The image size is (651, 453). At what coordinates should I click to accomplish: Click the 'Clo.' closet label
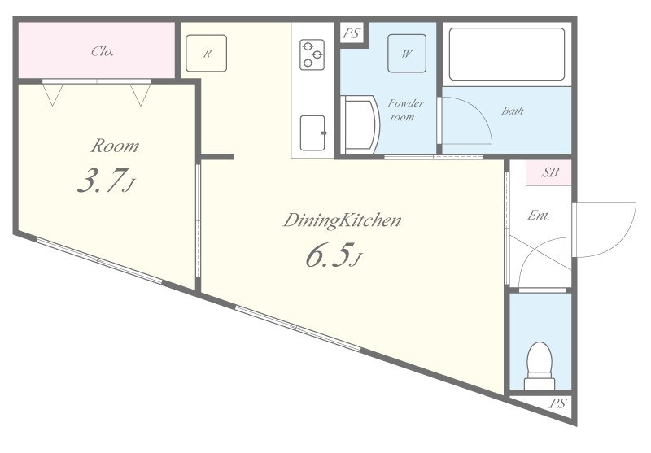click(102, 51)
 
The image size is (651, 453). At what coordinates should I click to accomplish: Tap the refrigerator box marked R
click(208, 54)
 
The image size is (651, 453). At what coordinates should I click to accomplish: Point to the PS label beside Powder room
click(351, 34)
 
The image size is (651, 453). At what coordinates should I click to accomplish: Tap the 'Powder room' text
click(405, 110)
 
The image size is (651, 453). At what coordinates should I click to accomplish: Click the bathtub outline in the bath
click(507, 54)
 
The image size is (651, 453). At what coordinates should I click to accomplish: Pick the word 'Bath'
click(513, 111)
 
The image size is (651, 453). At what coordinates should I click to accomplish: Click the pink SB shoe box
click(550, 172)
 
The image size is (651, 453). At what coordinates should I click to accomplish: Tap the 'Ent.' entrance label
click(539, 216)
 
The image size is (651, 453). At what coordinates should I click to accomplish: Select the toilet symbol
click(539, 366)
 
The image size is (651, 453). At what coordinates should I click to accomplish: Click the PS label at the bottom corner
click(557, 403)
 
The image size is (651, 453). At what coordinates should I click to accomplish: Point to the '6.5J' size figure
click(332, 257)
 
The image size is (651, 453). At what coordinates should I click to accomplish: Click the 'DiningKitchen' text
click(343, 220)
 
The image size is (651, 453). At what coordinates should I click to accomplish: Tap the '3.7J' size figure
click(105, 183)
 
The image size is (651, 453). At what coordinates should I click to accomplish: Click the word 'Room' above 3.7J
click(114, 146)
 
